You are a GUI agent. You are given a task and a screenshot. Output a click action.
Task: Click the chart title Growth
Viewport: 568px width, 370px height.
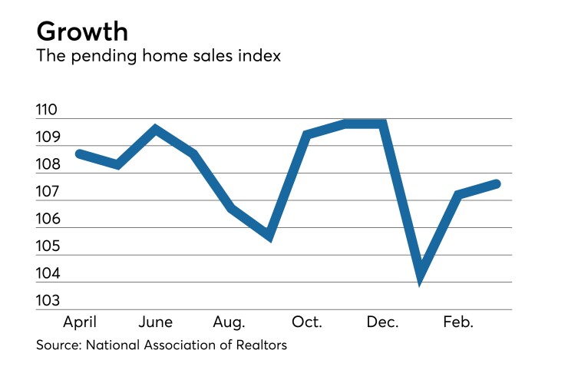(x=81, y=32)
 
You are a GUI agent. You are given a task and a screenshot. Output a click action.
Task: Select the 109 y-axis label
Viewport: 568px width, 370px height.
(x=47, y=138)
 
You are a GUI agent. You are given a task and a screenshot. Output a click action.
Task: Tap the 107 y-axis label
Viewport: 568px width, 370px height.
(x=47, y=193)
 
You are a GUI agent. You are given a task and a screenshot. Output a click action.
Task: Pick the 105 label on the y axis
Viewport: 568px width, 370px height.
(x=47, y=247)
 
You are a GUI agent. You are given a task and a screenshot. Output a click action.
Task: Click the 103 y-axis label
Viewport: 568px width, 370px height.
(x=47, y=301)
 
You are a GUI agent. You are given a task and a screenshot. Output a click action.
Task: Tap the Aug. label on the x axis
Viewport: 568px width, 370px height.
(x=230, y=322)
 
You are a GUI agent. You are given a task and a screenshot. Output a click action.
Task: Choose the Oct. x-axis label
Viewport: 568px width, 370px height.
(x=306, y=322)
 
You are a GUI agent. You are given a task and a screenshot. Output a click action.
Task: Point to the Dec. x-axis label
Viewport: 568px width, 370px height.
(x=381, y=322)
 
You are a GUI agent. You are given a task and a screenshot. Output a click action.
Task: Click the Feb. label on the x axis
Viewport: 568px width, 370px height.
(x=457, y=322)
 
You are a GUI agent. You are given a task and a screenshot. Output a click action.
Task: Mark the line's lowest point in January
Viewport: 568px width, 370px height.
(x=420, y=279)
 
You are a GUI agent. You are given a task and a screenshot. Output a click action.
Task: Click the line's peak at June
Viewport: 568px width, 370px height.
(x=156, y=129)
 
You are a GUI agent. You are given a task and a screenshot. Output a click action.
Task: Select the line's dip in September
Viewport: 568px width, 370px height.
(x=269, y=236)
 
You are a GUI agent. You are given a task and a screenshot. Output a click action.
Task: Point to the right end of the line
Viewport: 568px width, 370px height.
(x=497, y=183)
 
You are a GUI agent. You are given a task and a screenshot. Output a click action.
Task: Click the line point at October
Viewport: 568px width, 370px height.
(x=307, y=135)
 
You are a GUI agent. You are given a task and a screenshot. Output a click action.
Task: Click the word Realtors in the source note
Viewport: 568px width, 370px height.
(x=261, y=345)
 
